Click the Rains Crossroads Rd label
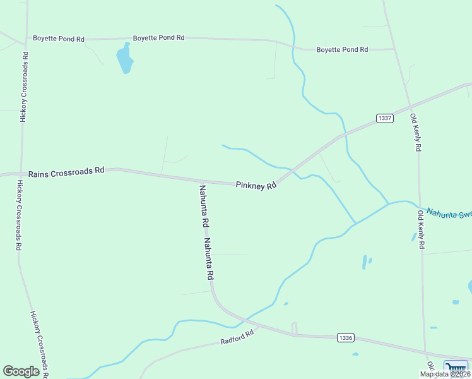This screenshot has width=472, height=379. click(66, 171)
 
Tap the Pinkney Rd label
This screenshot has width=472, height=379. click(256, 186)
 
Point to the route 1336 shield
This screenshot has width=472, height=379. click(345, 337)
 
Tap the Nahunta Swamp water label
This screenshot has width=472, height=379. click(449, 214)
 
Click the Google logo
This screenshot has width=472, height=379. click(21, 371)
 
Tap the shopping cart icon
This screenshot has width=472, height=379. click(456, 367)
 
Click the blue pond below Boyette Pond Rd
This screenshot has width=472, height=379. click(125, 58)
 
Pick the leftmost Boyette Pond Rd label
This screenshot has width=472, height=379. click(59, 39)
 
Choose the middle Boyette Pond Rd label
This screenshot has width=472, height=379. click(158, 38)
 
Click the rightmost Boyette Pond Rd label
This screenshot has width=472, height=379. click(342, 49)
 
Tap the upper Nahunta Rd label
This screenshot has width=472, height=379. click(204, 206)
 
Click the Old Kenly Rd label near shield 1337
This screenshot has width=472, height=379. click(415, 132)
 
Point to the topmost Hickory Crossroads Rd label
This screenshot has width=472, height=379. click(24, 86)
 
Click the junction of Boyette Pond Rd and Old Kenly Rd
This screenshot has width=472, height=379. click(394, 49)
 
